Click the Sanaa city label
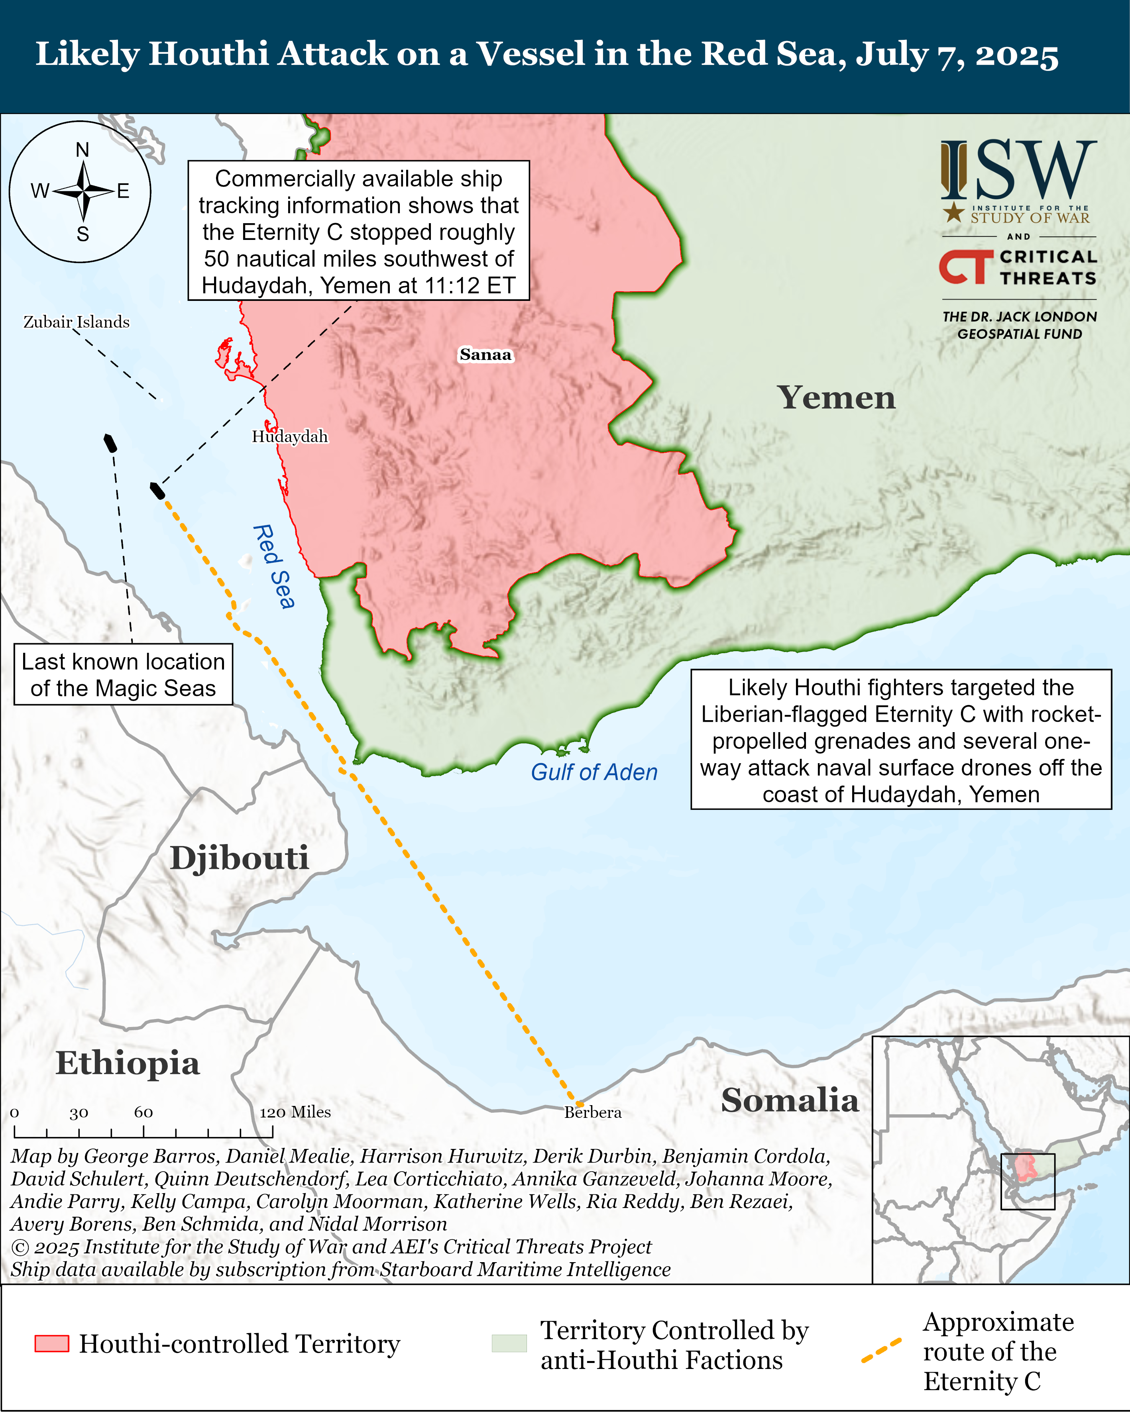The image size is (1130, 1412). click(x=485, y=354)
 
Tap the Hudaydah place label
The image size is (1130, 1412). click(x=289, y=436)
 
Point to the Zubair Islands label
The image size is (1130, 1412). click(x=77, y=322)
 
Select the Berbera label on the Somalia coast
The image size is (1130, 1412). click(x=593, y=1112)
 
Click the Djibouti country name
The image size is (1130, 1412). click(x=239, y=858)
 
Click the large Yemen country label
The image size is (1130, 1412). click(x=836, y=397)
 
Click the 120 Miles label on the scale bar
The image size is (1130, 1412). click(x=295, y=1112)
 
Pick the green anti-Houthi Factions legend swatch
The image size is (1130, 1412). click(x=509, y=1343)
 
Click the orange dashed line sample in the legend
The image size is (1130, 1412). click(x=881, y=1351)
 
